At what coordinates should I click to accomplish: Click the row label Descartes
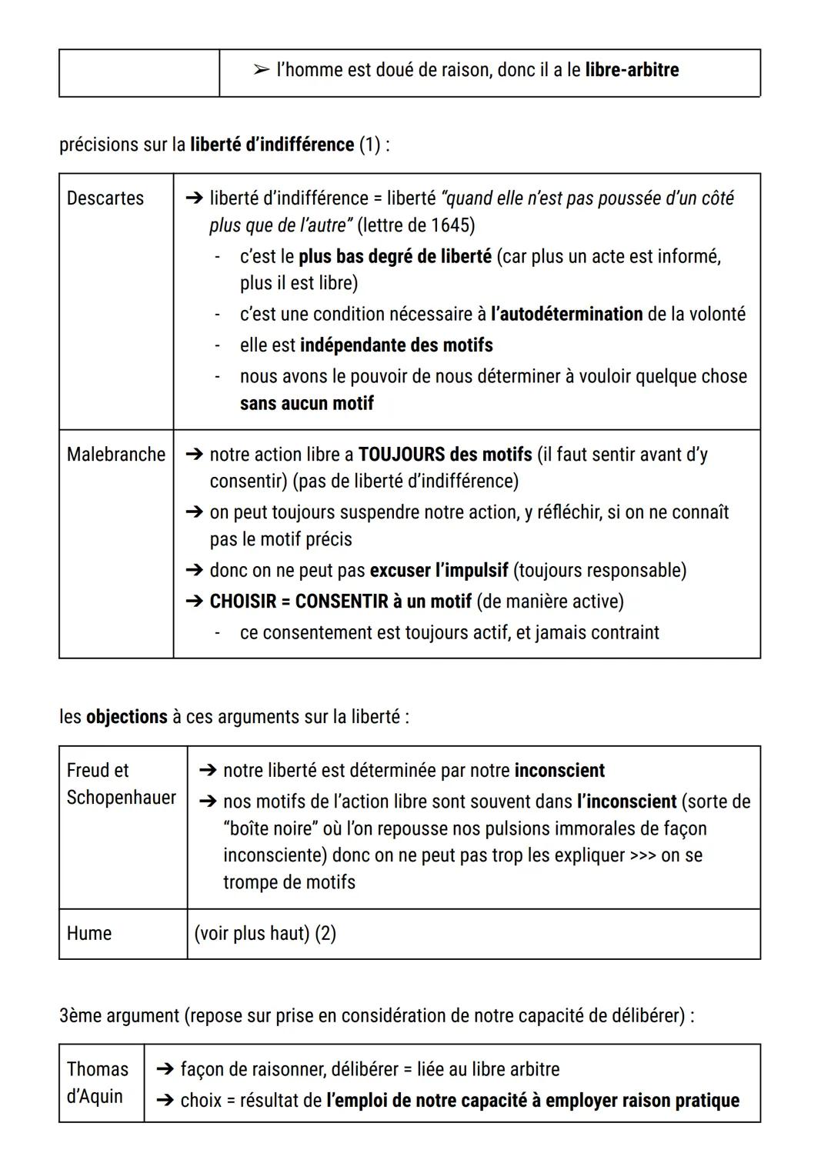point(105,198)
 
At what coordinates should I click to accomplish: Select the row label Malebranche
point(116,455)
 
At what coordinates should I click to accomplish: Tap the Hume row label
point(89,934)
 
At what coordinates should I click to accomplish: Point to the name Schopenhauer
point(122,798)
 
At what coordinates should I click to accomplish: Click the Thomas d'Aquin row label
point(98,1082)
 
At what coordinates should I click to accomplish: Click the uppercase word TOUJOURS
point(402,455)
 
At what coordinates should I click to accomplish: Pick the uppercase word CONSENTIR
point(342,601)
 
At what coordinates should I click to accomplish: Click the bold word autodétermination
point(566,315)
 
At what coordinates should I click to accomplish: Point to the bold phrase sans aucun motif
point(306,404)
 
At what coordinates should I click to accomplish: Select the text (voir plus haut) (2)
point(265,934)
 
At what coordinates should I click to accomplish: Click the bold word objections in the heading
point(126,717)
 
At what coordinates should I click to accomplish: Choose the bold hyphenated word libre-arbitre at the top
point(632,70)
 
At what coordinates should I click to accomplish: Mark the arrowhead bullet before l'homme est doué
point(260,70)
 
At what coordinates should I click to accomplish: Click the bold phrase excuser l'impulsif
point(439,571)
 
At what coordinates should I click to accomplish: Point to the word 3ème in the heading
point(80,1016)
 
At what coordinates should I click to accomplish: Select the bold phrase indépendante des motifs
point(396,345)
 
